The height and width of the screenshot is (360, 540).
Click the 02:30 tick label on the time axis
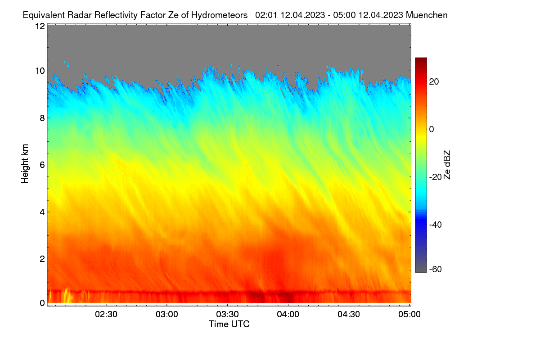106,315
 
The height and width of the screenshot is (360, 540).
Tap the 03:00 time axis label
167,315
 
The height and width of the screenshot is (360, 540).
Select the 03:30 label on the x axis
227,315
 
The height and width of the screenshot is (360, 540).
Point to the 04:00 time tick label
288,315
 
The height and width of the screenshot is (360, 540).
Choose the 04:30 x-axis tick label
349,315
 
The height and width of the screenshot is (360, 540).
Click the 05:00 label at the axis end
409,315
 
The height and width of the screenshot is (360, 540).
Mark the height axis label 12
40,26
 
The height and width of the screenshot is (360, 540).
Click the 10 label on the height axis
40,71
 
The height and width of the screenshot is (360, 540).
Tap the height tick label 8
43,118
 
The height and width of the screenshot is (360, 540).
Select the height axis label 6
43,165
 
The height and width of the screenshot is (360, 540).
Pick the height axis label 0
43,303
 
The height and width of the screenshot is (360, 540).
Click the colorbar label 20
434,82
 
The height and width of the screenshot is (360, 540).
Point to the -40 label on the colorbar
436,225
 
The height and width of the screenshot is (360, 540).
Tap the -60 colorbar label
436,270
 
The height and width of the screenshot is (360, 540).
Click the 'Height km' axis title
25,164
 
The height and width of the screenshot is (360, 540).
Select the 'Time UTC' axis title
229,324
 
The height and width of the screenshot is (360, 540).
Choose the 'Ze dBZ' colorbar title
447,165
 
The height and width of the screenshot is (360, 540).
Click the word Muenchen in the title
427,15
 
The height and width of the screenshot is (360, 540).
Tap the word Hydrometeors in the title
220,15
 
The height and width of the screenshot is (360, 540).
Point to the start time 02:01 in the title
266,15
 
